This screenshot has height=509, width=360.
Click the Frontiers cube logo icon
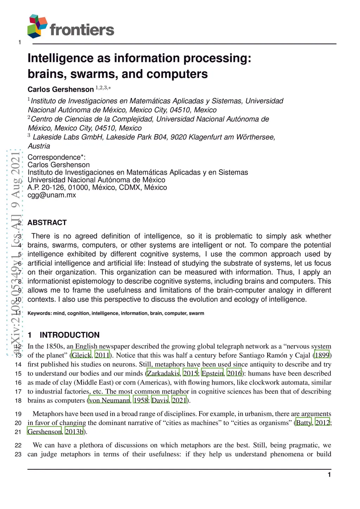(x=37, y=26)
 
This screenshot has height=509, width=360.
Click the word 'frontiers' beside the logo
(x=82, y=30)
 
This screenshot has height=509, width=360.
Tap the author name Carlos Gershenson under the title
(x=60, y=90)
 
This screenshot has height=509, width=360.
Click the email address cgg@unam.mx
(x=52, y=195)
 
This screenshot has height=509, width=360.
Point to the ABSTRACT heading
(x=47, y=223)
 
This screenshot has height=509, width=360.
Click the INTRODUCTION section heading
(x=69, y=335)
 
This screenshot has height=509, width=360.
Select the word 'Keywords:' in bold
(x=40, y=313)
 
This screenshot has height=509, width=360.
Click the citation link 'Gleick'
(x=81, y=355)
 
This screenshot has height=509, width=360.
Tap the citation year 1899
(x=322, y=355)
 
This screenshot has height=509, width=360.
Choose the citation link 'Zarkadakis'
(x=163, y=373)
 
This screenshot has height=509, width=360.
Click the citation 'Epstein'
(x=212, y=373)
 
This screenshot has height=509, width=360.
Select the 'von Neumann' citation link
(x=109, y=400)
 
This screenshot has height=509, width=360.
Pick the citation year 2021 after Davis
(x=179, y=400)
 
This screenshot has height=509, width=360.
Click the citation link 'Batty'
(x=303, y=423)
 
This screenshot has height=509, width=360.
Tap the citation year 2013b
(x=74, y=432)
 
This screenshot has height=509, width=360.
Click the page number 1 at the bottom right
(x=329, y=475)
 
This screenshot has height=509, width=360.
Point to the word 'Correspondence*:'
(x=57, y=157)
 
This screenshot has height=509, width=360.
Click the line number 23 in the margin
(x=18, y=455)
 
